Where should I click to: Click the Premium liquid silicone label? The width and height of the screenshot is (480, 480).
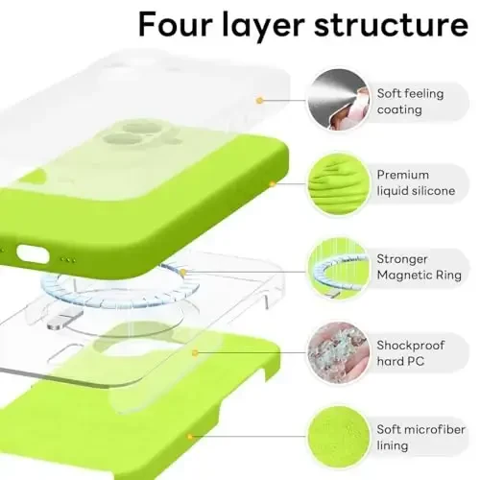click(x=416, y=182)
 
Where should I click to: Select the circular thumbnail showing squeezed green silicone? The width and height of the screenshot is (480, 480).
click(x=334, y=182)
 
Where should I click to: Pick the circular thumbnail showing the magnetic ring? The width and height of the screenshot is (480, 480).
click(x=334, y=267)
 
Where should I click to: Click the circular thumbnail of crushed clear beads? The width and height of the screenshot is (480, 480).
click(x=334, y=351)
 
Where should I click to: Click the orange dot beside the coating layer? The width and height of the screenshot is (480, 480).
click(x=259, y=99)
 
